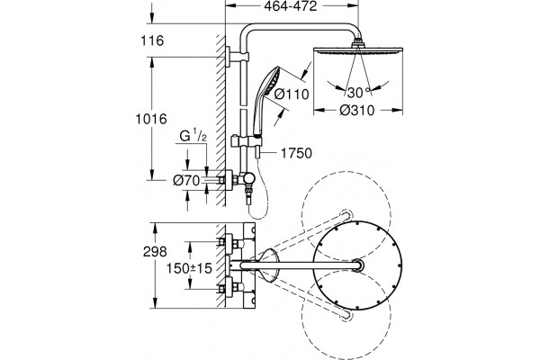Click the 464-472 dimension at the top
tap(291, 6)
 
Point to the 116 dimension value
tap(152, 40)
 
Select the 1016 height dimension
tap(151, 119)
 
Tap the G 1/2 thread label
tap(193, 135)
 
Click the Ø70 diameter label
tap(186, 180)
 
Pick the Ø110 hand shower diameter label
tap(292, 94)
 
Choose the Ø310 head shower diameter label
tap(356, 110)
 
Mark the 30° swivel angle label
tap(358, 93)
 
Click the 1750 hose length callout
tap(296, 153)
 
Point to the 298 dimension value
tap(155, 252)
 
